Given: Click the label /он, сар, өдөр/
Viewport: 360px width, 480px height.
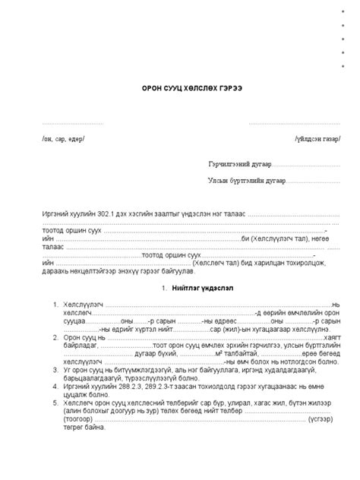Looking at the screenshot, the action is (x=64, y=139).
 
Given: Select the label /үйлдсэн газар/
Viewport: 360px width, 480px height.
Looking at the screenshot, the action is (x=318, y=139).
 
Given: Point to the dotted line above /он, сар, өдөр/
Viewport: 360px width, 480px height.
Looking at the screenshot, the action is (x=72, y=124).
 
